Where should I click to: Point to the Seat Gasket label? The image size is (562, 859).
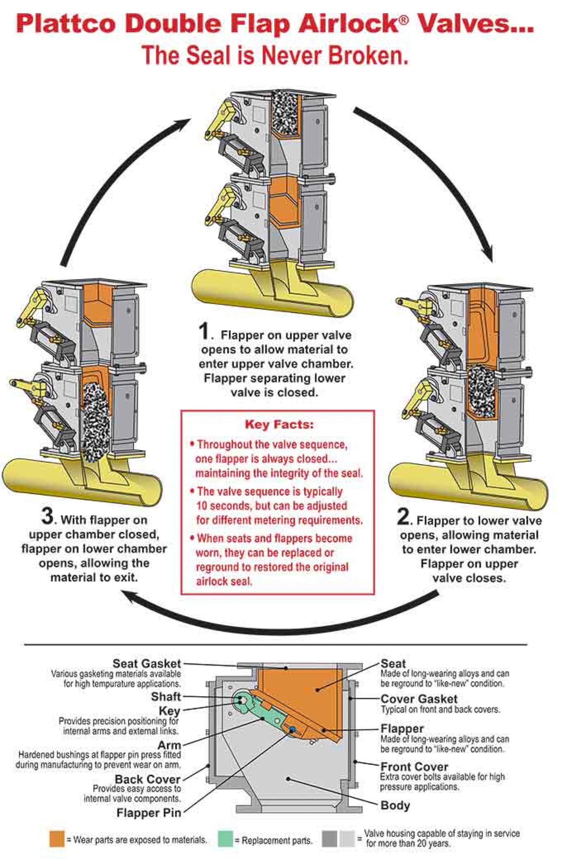pyautogui.click(x=146, y=663)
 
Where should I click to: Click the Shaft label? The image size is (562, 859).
pyautogui.click(x=165, y=697)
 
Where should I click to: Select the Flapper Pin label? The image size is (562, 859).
pyautogui.click(x=148, y=813)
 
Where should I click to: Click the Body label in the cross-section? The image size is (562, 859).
pyautogui.click(x=395, y=805)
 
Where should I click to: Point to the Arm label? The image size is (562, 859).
pyautogui.click(x=169, y=745)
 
